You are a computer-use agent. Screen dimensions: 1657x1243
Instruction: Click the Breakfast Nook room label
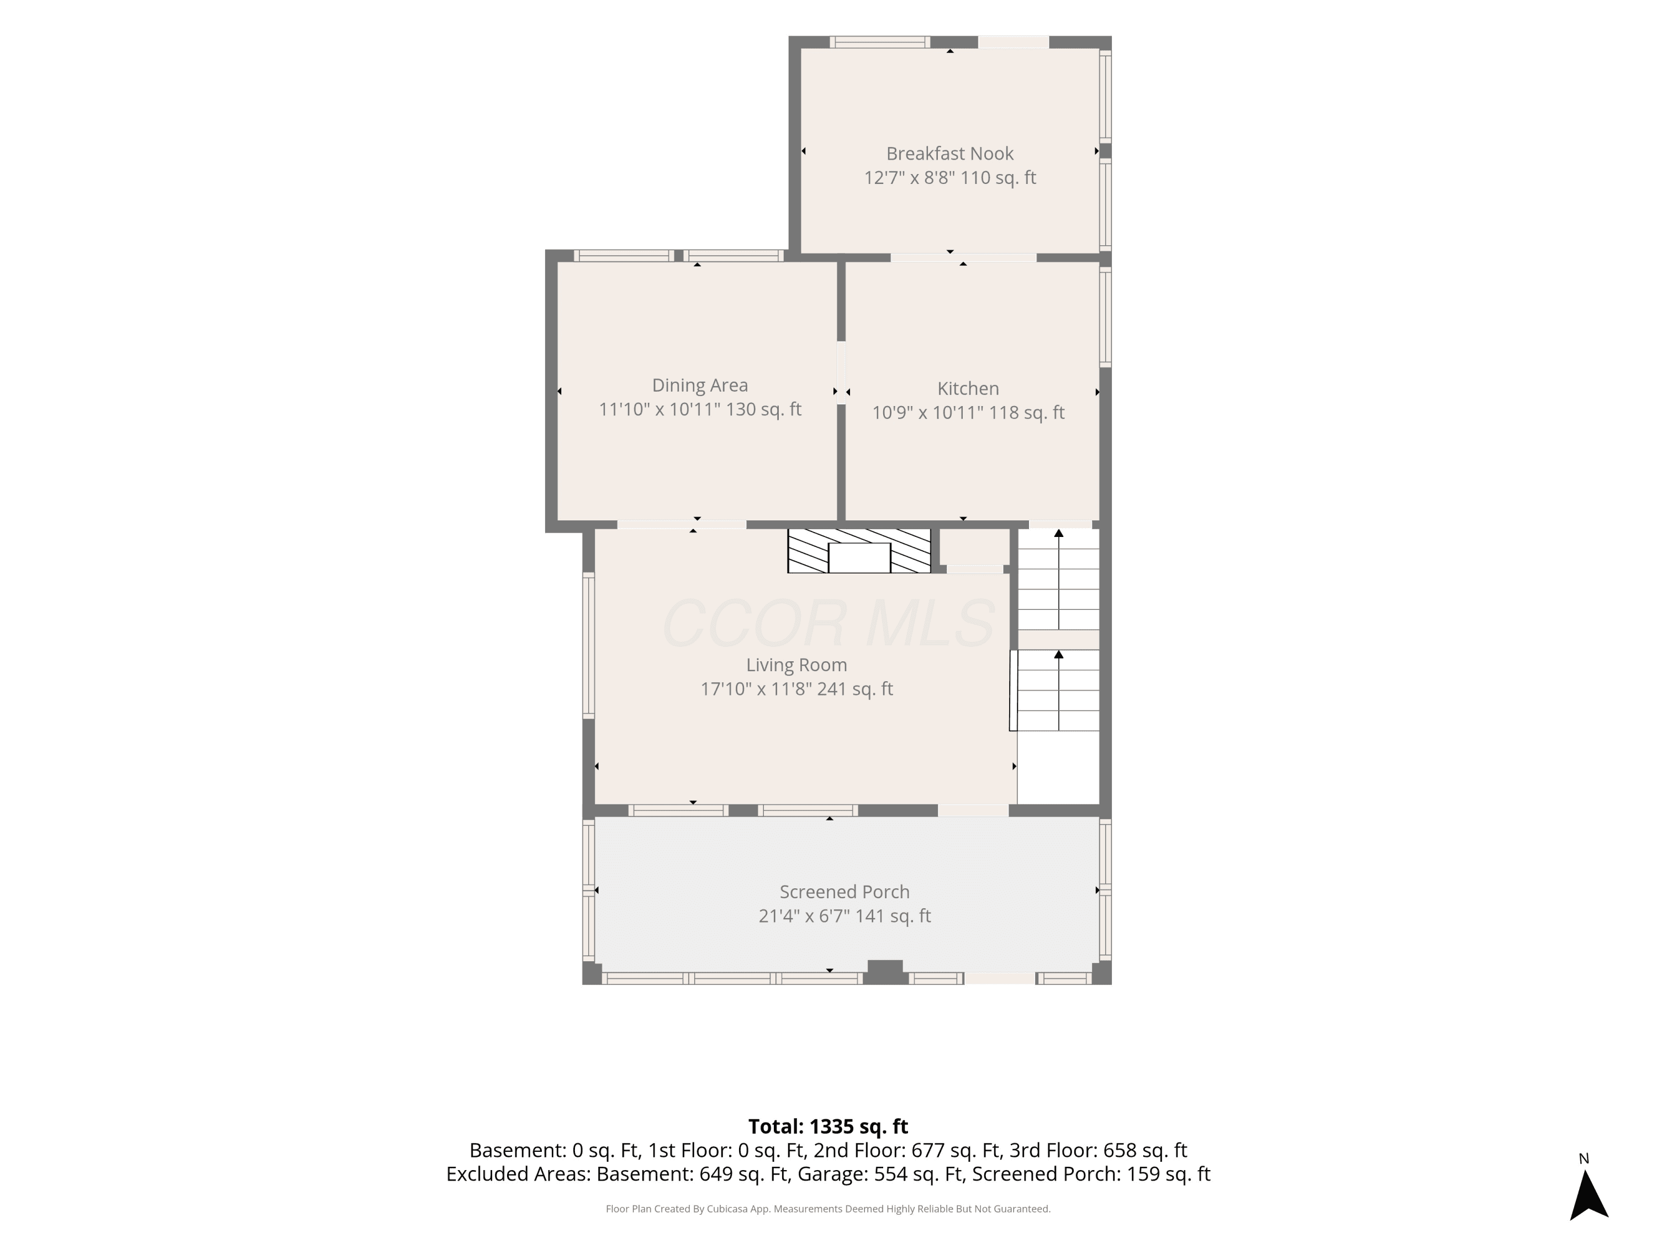tap(950, 154)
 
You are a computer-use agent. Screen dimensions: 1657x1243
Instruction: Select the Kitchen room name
tap(968, 388)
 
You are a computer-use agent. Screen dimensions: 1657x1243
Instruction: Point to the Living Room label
tap(796, 665)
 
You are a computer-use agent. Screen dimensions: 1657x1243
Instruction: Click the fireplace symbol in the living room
tap(859, 551)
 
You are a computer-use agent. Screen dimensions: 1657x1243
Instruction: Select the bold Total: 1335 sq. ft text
tap(828, 1126)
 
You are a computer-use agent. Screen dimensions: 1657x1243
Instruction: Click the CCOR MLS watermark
tap(828, 623)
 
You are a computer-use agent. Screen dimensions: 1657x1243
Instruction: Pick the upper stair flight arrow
tap(1058, 579)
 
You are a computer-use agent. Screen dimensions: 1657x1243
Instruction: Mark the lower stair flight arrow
tap(1058, 690)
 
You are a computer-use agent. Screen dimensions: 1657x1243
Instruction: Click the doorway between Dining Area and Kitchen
tap(841, 373)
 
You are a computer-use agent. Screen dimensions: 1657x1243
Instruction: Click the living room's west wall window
tap(589, 645)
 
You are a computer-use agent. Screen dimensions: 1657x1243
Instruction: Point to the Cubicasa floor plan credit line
tap(828, 1209)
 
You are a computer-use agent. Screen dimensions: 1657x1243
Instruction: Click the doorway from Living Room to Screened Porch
tap(973, 810)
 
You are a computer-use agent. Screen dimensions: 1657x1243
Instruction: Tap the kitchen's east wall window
tap(1106, 317)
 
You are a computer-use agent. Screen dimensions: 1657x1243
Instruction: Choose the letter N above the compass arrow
tap(1584, 1159)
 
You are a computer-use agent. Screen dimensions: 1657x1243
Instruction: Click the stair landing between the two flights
tap(1058, 639)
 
